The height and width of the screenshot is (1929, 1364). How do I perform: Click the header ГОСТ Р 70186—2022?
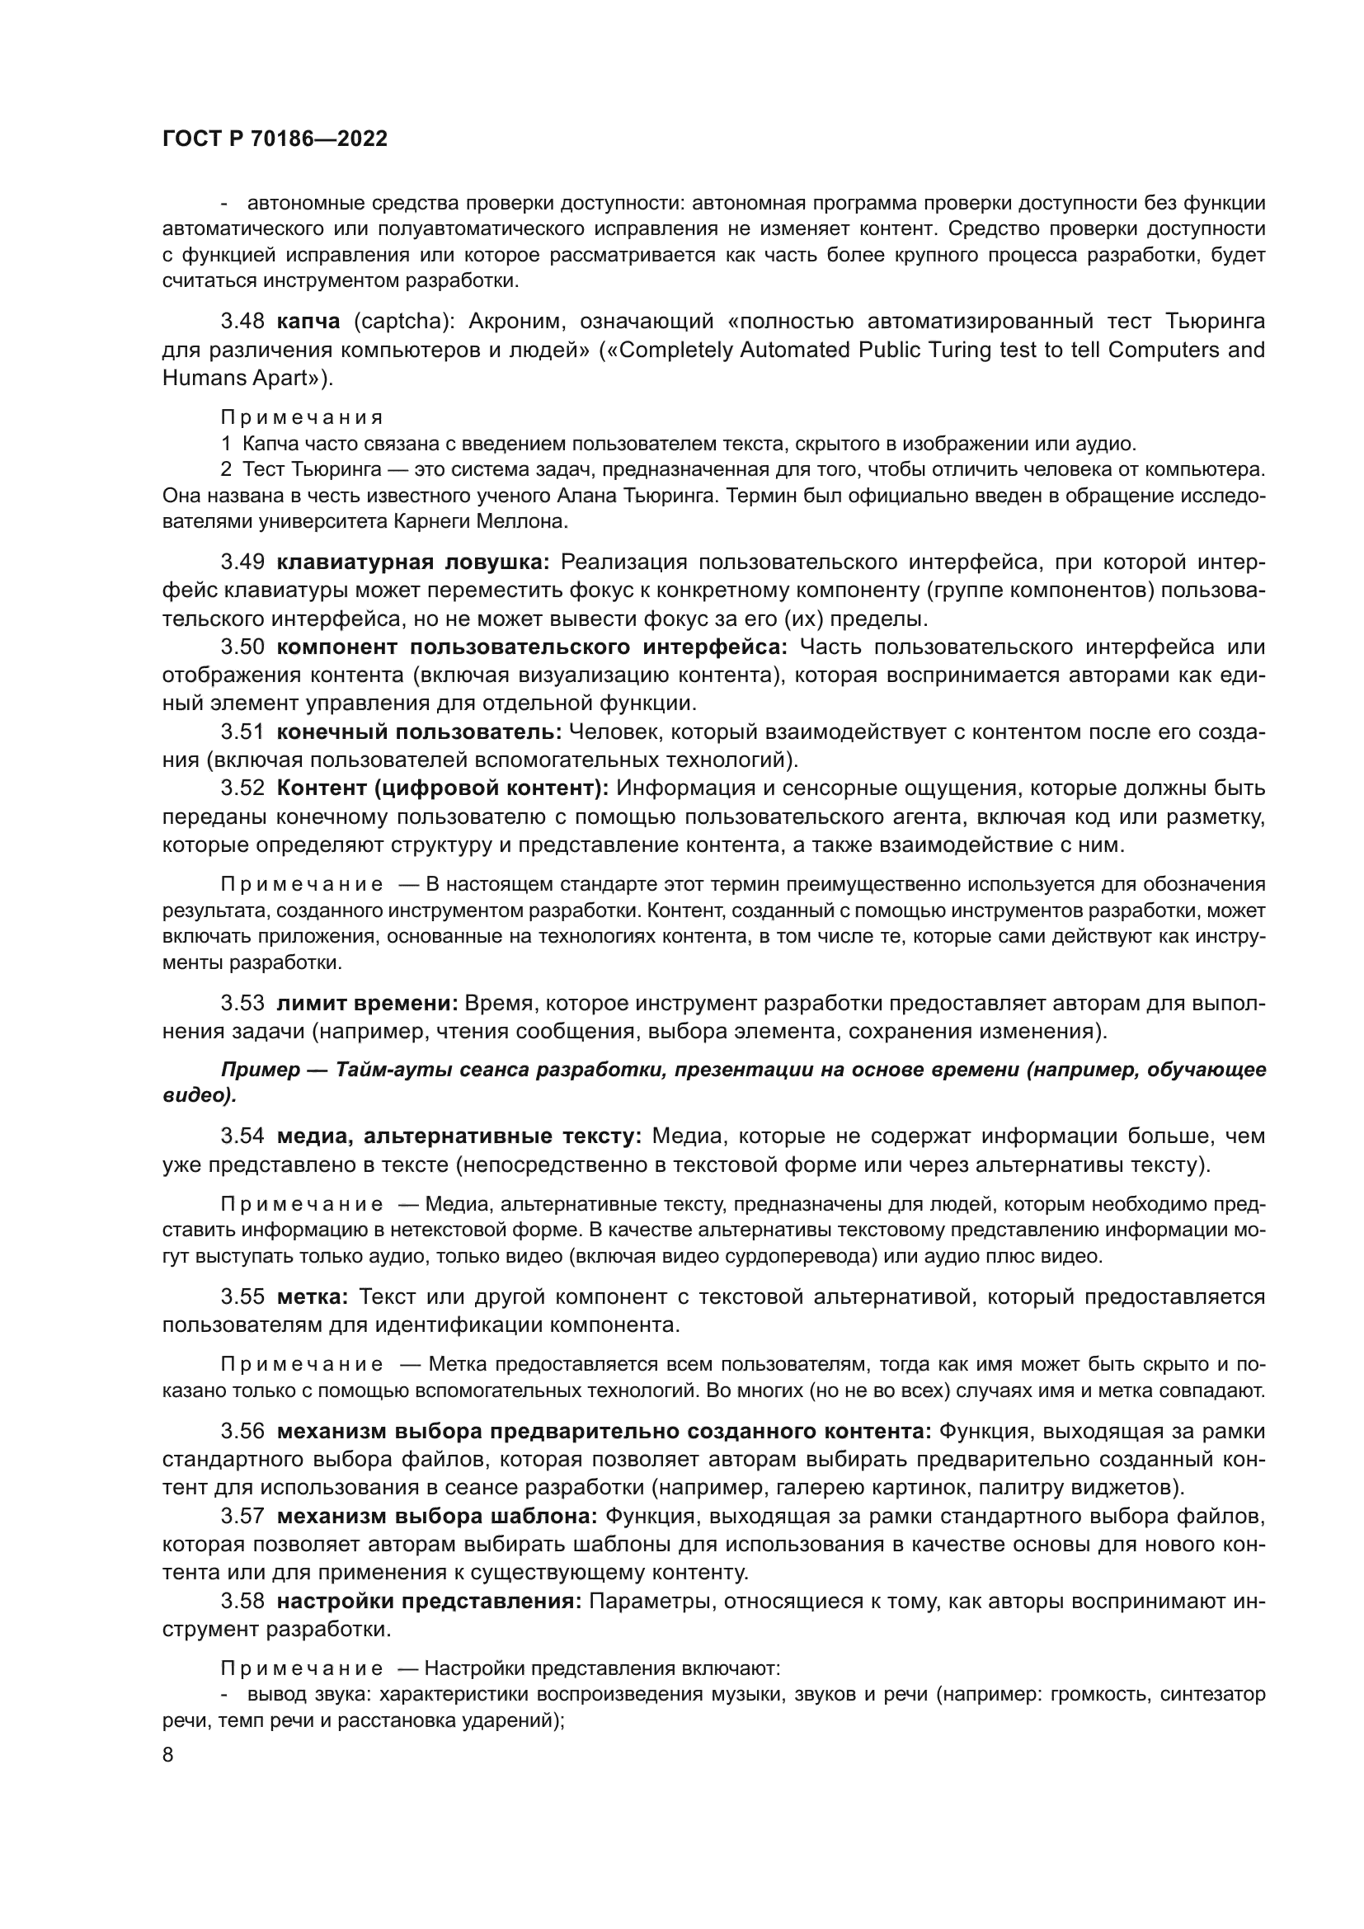click(275, 139)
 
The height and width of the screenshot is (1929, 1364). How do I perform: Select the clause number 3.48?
click(242, 321)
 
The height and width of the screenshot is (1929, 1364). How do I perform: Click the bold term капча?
click(308, 321)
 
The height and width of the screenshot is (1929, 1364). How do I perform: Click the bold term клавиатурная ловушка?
click(412, 562)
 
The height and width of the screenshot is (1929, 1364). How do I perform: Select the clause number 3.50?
click(242, 647)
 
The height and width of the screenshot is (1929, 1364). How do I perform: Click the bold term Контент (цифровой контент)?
click(443, 788)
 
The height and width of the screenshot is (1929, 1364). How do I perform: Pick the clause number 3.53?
click(242, 1003)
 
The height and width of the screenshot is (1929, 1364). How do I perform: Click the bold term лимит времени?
click(367, 1003)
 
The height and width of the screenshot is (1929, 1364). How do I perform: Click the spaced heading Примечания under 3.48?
click(302, 417)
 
